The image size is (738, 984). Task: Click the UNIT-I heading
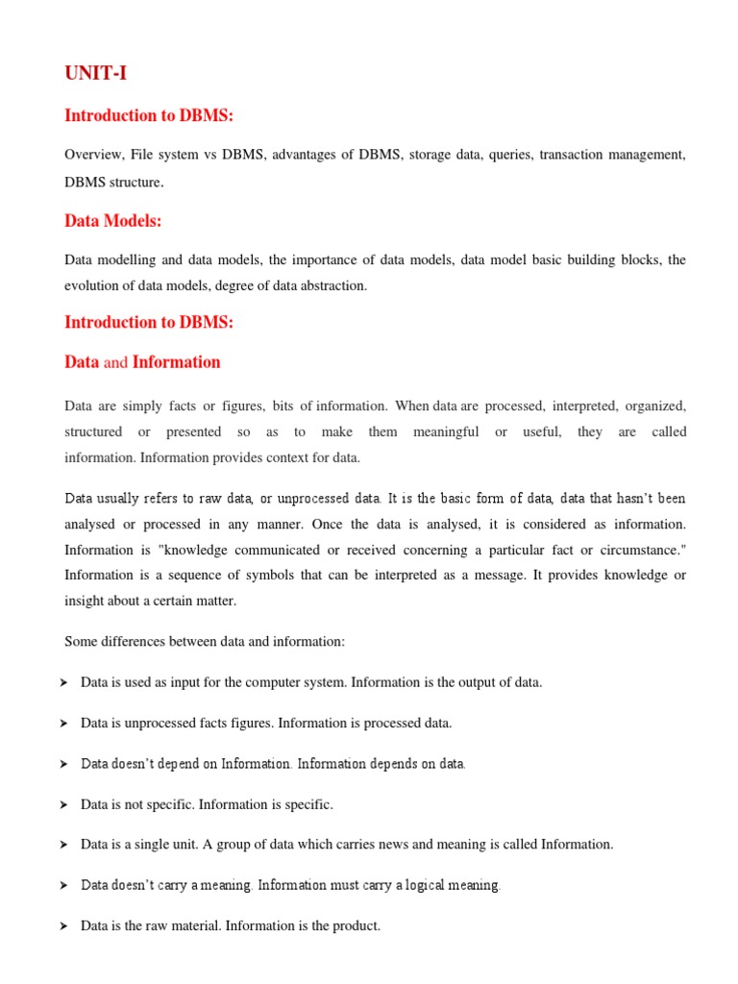95,73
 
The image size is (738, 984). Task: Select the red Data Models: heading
113,221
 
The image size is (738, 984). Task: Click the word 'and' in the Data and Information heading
115,362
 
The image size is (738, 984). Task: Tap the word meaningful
446,432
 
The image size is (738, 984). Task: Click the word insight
85,601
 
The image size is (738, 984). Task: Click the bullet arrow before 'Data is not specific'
63,804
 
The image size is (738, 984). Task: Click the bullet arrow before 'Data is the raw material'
63,926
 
